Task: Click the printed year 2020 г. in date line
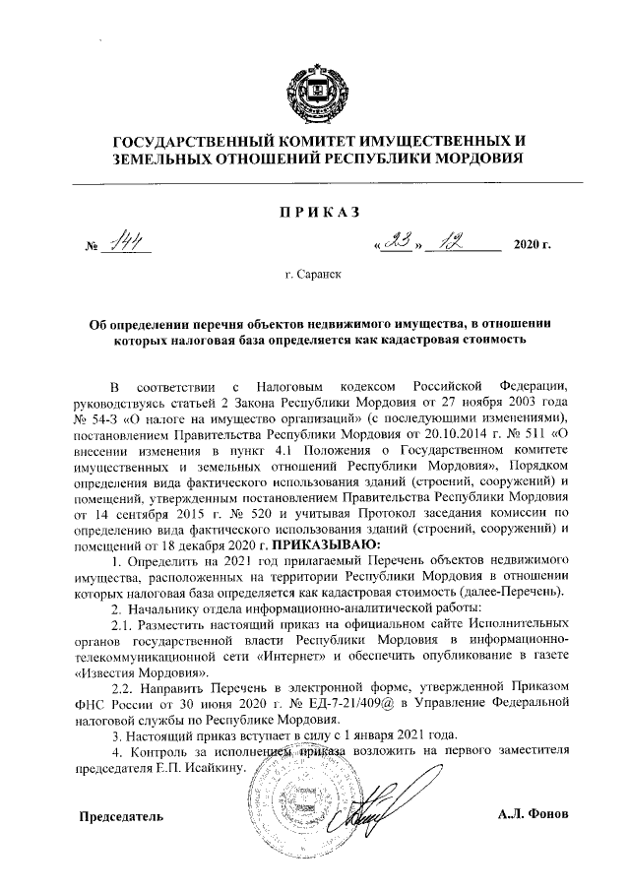(533, 243)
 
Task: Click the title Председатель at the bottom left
(122, 818)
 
